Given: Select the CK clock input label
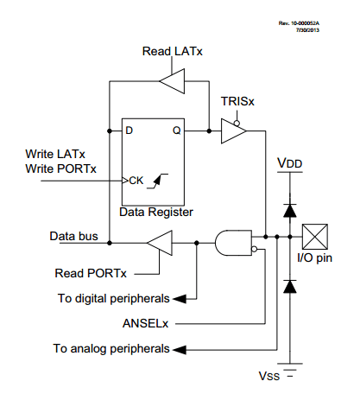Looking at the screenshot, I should tap(135, 181).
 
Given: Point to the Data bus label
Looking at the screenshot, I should tap(71, 234).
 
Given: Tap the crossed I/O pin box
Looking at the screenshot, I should tap(313, 234).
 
